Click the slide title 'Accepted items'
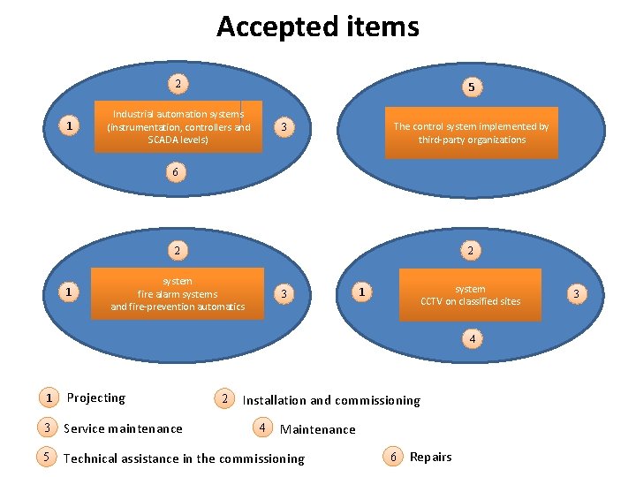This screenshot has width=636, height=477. [318, 26]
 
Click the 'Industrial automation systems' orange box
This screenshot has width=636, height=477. [178, 127]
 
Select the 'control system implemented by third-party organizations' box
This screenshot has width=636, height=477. [471, 132]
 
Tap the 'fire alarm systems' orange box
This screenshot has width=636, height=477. [178, 293]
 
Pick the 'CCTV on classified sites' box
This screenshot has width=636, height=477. [470, 294]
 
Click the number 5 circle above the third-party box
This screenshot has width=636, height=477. [472, 87]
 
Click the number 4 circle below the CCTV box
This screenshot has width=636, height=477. [473, 338]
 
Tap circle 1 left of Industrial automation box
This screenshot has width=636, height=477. [70, 127]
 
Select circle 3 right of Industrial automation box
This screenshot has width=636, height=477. [282, 128]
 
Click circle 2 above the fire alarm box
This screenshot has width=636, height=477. [178, 250]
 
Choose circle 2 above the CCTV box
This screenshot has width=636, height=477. [471, 250]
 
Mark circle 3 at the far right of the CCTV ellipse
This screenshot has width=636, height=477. [576, 292]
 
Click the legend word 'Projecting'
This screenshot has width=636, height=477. [96, 398]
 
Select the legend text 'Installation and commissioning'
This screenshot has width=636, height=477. [331, 400]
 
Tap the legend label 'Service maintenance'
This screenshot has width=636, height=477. [123, 429]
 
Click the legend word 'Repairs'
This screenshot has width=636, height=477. [431, 457]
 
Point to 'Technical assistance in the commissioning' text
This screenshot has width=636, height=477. [184, 458]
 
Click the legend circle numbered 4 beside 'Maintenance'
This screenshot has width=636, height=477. [262, 428]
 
